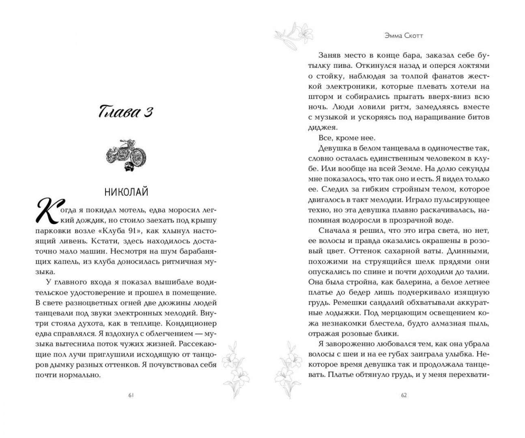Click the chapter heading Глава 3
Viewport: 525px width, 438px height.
click(x=125, y=112)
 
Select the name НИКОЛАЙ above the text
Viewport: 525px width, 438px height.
click(x=126, y=192)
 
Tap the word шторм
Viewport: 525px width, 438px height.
click(x=321, y=97)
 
